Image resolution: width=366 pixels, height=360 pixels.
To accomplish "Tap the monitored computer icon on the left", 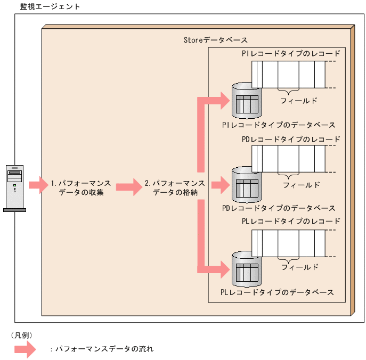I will [x=14, y=187].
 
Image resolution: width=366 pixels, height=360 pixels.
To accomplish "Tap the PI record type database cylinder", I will [x=247, y=101].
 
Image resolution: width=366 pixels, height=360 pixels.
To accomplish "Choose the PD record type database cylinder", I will [x=247, y=185].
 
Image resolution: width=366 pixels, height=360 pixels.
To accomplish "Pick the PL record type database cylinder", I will [x=247, y=268].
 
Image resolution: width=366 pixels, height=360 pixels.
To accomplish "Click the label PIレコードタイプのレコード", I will [x=290, y=54].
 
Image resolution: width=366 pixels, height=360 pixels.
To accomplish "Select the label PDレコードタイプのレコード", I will [x=290, y=139].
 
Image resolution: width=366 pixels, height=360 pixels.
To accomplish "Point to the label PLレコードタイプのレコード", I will [x=290, y=221].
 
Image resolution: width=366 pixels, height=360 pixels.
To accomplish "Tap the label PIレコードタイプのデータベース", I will [x=279, y=125].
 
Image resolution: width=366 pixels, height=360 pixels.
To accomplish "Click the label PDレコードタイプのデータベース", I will [x=279, y=208].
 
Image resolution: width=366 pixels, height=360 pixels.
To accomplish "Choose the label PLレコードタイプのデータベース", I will [x=278, y=292].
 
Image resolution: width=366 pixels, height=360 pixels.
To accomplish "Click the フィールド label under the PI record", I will [x=299, y=100].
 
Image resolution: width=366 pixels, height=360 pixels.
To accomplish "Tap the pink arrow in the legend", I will [x=25, y=349].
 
